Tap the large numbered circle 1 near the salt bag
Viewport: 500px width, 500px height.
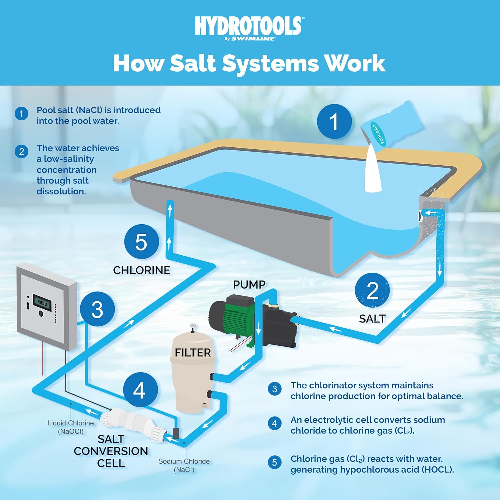pyautogui.click(x=334, y=121)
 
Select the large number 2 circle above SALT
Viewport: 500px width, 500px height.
pyautogui.click(x=372, y=290)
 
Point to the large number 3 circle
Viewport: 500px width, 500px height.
pyautogui.click(x=97, y=309)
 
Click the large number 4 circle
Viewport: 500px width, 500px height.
pyautogui.click(x=140, y=390)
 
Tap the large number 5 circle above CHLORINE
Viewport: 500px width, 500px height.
pyautogui.click(x=141, y=242)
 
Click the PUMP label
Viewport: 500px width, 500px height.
pyautogui.click(x=249, y=285)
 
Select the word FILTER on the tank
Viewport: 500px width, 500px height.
pyautogui.click(x=193, y=353)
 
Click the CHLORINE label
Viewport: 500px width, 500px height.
pyautogui.click(x=141, y=270)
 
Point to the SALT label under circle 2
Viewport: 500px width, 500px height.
pyautogui.click(x=372, y=319)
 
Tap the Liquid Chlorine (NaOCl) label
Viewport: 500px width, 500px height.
pyautogui.click(x=71, y=427)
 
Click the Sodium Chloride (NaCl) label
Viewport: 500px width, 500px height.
pyautogui.click(x=184, y=465)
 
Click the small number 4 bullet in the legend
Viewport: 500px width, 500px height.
pyautogui.click(x=274, y=423)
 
